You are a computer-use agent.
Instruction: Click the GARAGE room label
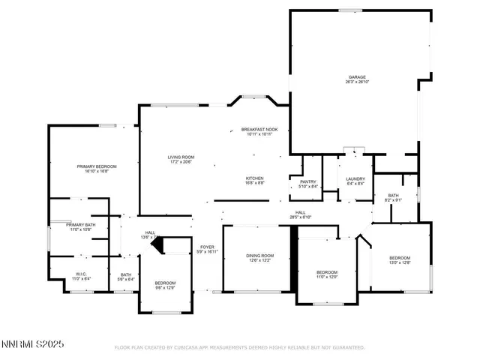pyautogui.click(x=356, y=77)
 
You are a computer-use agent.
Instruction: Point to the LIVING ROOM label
pyautogui.click(x=181, y=157)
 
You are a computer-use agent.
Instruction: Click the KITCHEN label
pyautogui.click(x=255, y=178)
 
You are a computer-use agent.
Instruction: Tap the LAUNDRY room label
pyautogui.click(x=355, y=178)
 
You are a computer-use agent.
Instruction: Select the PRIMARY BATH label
pyautogui.click(x=80, y=224)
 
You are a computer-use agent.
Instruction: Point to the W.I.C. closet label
pyautogui.click(x=82, y=274)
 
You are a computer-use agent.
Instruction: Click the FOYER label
pyautogui.click(x=207, y=247)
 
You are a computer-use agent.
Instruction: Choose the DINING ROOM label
pyautogui.click(x=260, y=256)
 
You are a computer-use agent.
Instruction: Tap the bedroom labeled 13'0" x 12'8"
pyautogui.click(x=399, y=257)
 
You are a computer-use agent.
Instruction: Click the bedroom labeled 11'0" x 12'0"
pyautogui.click(x=327, y=271)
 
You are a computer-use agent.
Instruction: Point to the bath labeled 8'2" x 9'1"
pyautogui.click(x=394, y=195)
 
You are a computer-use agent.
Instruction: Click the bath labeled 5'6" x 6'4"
pyautogui.click(x=126, y=274)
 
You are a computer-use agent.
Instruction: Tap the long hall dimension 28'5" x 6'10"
pyautogui.click(x=300, y=218)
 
